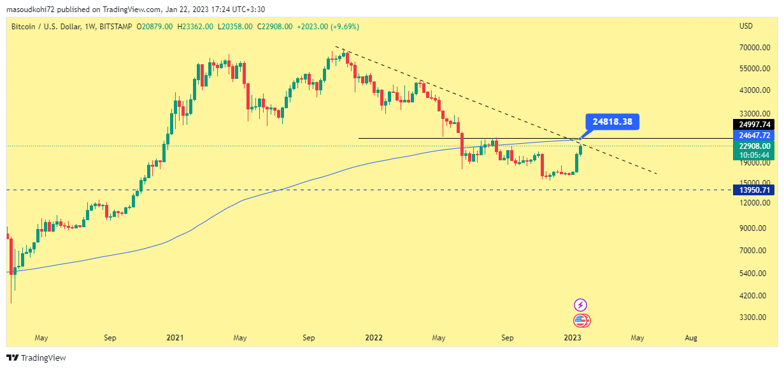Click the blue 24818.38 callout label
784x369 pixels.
point(611,122)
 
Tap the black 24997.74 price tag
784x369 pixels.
point(755,125)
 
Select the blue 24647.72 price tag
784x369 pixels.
point(755,136)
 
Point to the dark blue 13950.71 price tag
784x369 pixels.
point(755,190)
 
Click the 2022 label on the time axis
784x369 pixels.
point(374,338)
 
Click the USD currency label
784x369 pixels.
point(746,26)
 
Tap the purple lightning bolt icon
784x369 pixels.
point(580,305)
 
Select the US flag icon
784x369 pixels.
point(580,321)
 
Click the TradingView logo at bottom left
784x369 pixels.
point(36,358)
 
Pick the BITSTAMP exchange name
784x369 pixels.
point(117,27)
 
